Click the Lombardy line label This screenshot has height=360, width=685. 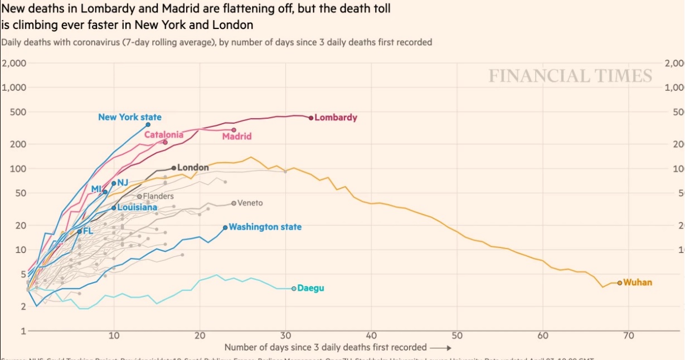coord(336,118)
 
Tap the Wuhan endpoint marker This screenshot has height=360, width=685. coord(620,283)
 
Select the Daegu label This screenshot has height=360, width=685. coord(310,288)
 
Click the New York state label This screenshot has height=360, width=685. coord(130,117)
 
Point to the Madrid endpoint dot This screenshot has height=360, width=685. coord(234,130)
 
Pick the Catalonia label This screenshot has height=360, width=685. coord(163,134)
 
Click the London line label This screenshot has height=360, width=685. coord(193,167)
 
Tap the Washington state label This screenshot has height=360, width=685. coord(265,227)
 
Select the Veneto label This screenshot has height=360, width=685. coord(250,203)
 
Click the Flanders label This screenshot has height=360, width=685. coord(158,196)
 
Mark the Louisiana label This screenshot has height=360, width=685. coord(137,207)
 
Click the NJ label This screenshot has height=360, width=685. coord(123,182)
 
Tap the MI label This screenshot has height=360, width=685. coord(96,189)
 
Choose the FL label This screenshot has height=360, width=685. coord(88,231)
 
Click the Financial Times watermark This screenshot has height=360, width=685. coord(570,76)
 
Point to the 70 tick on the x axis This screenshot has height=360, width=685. coord(628,335)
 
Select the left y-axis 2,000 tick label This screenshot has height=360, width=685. coord(14,63)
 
